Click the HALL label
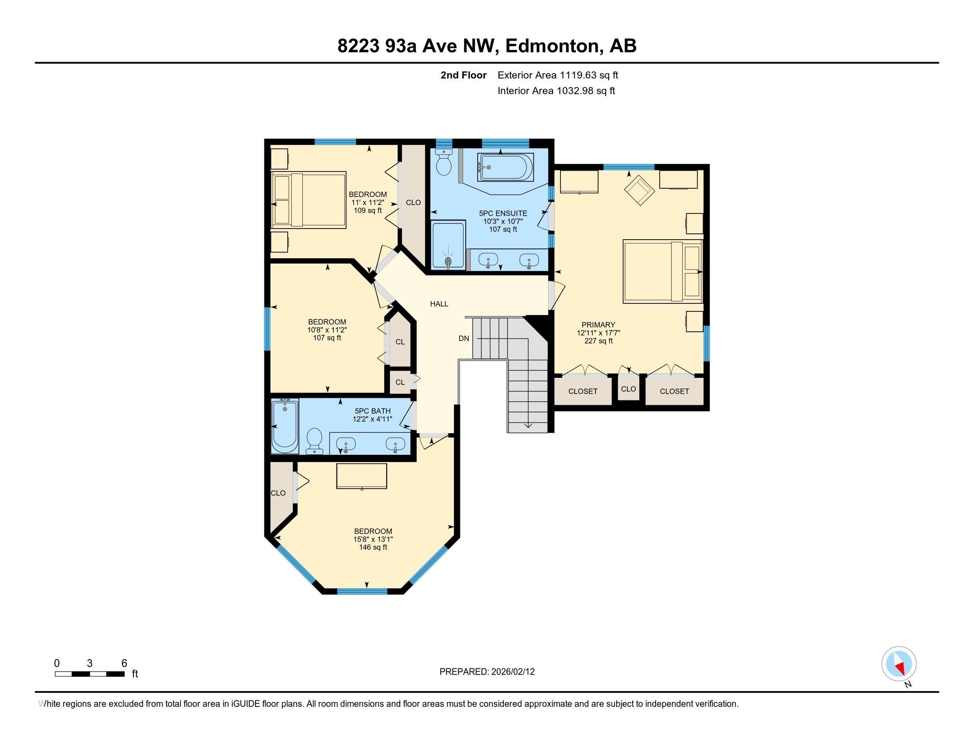coord(439,304)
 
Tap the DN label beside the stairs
coord(464,338)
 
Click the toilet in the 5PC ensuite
coord(444,163)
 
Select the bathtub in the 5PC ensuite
coord(506,167)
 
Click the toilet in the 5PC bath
coord(314,441)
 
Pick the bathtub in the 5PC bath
coord(285,427)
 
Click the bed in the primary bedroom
coord(662,271)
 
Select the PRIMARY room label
coord(598,325)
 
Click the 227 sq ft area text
coord(599,341)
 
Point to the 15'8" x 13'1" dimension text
coord(373,540)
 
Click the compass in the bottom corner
coord(899,664)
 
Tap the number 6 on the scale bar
coord(124,664)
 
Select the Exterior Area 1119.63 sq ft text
coord(557,75)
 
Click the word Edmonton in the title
coord(552,46)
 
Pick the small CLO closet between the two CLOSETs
coord(628,389)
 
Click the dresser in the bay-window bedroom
coord(361,477)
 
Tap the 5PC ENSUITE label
coord(503,213)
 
